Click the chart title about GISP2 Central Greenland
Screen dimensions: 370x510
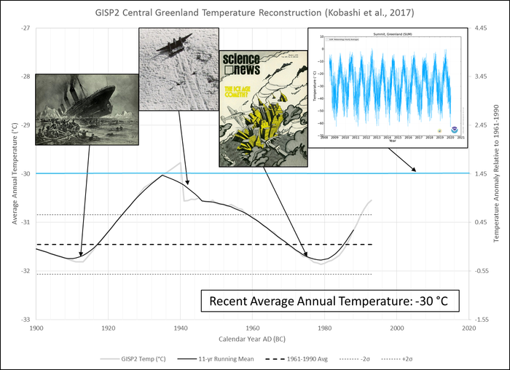point(254,12)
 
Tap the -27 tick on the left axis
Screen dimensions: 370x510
point(25,28)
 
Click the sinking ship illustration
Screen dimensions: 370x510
point(87,109)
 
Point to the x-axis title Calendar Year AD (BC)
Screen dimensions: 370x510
point(252,340)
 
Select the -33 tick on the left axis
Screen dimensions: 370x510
point(25,320)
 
